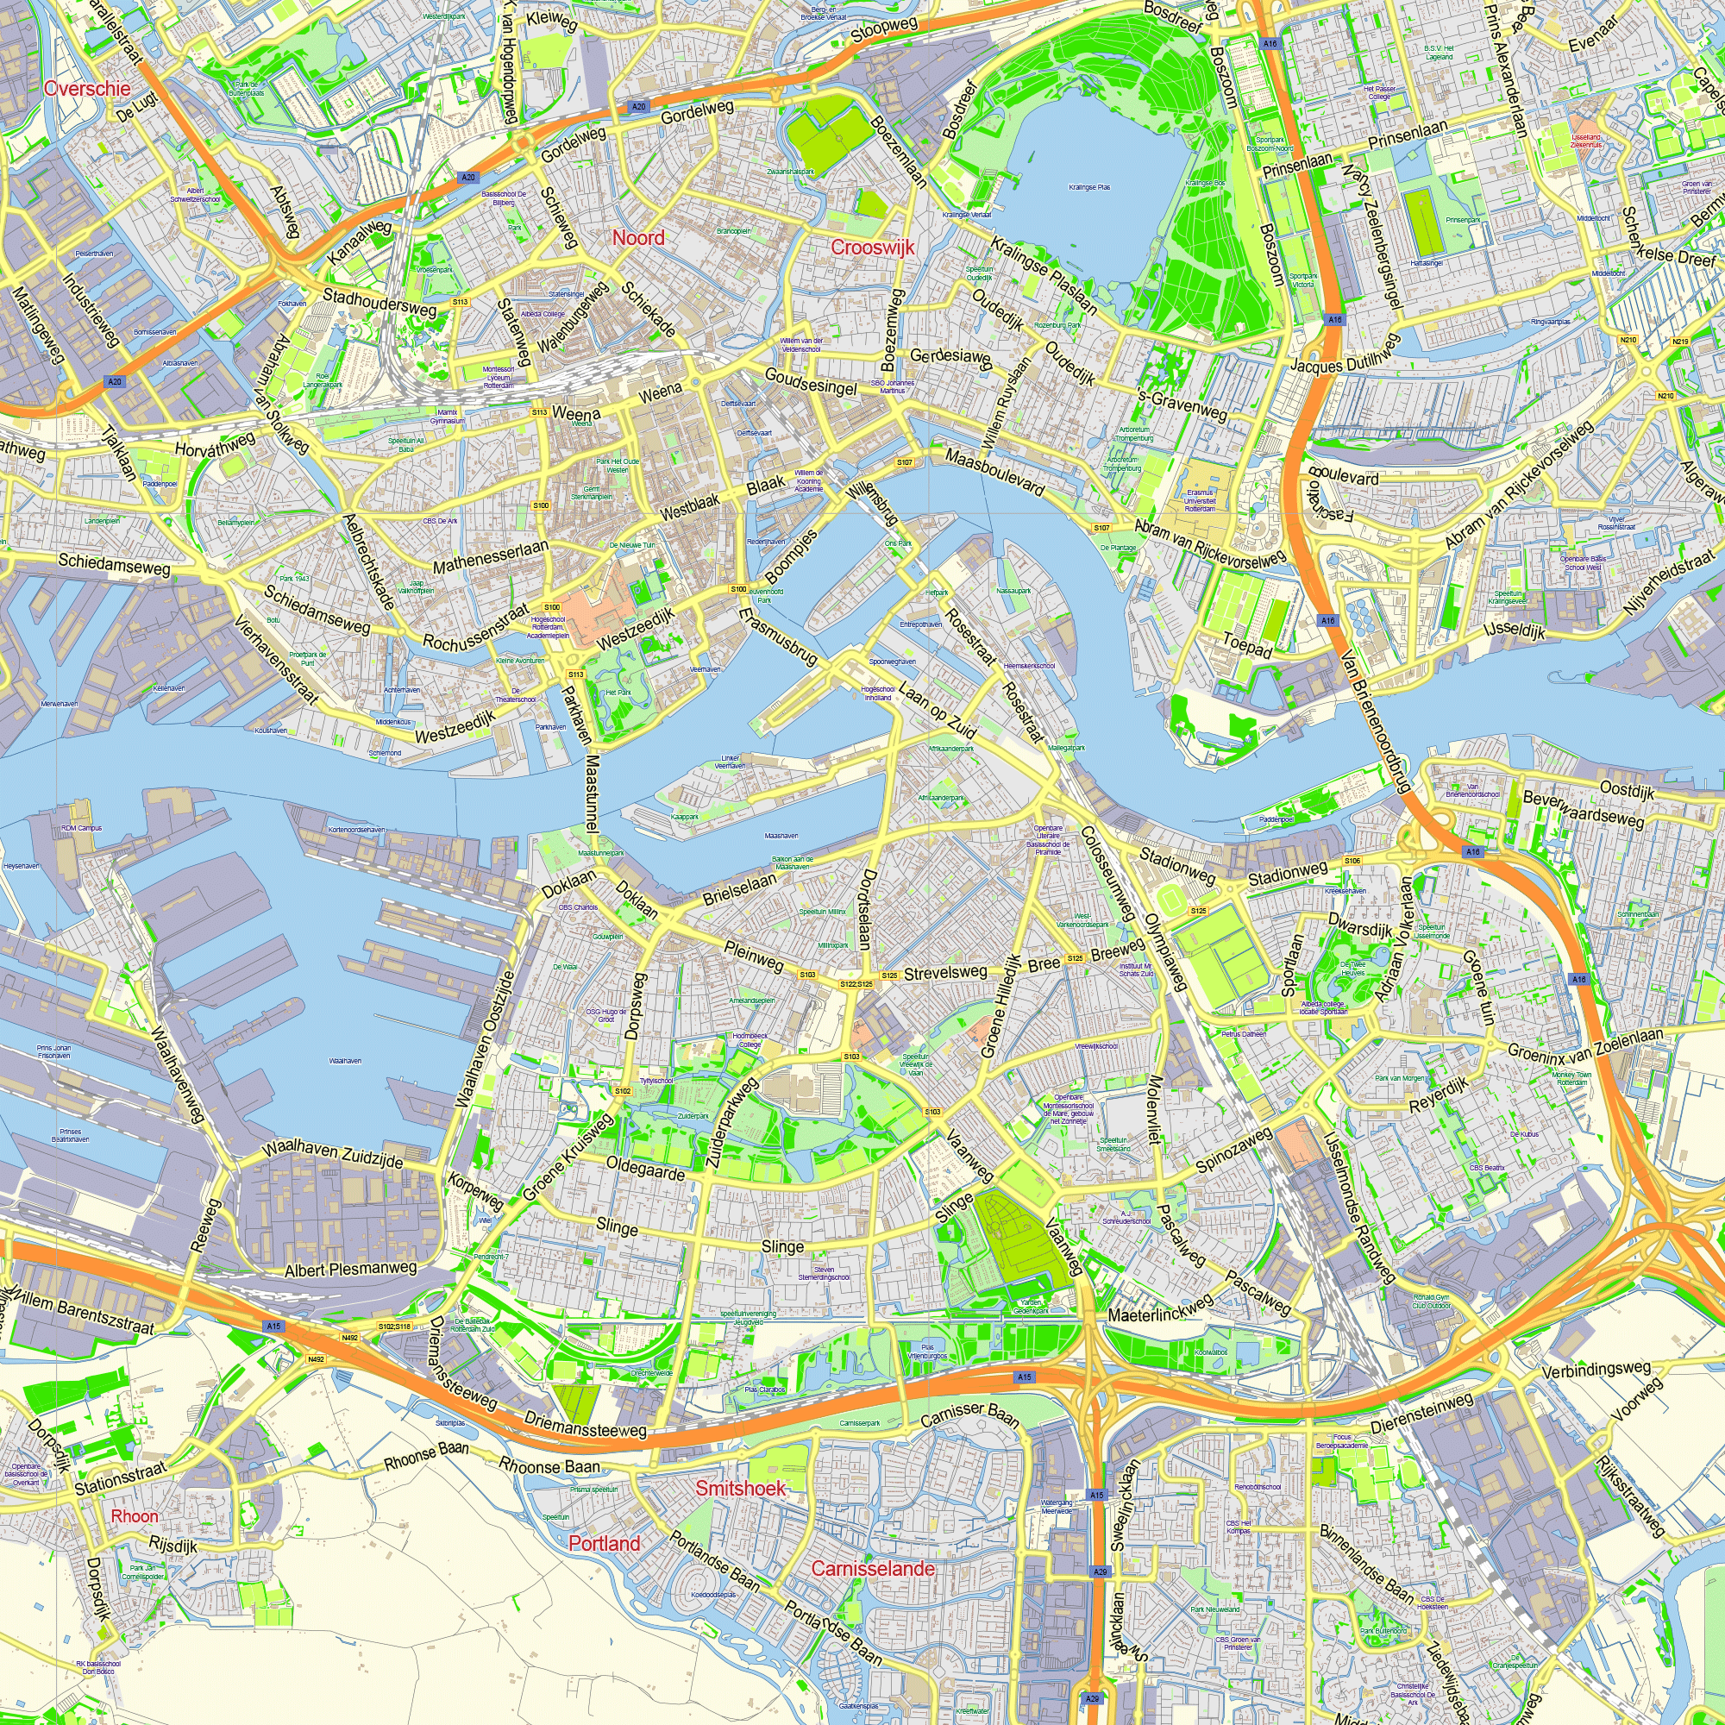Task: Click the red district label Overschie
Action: (x=86, y=87)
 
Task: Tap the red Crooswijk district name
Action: (x=872, y=248)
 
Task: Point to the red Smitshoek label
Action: (x=740, y=1488)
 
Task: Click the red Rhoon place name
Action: (x=134, y=1516)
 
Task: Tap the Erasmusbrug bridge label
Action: (x=779, y=636)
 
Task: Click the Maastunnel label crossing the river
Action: (x=591, y=794)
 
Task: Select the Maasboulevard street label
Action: (x=994, y=472)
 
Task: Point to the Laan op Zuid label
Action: (x=937, y=711)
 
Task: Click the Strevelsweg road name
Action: (x=945, y=972)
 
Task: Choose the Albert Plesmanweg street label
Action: (x=351, y=1269)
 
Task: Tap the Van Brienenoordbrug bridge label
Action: (x=1375, y=720)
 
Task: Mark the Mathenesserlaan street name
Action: (x=490, y=556)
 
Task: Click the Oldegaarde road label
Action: (x=644, y=1168)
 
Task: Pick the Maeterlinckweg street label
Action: (x=1161, y=1308)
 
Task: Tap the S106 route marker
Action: (x=1352, y=861)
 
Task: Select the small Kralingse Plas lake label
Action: (x=1089, y=187)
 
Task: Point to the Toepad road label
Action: (x=1247, y=644)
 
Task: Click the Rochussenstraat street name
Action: (x=476, y=629)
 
